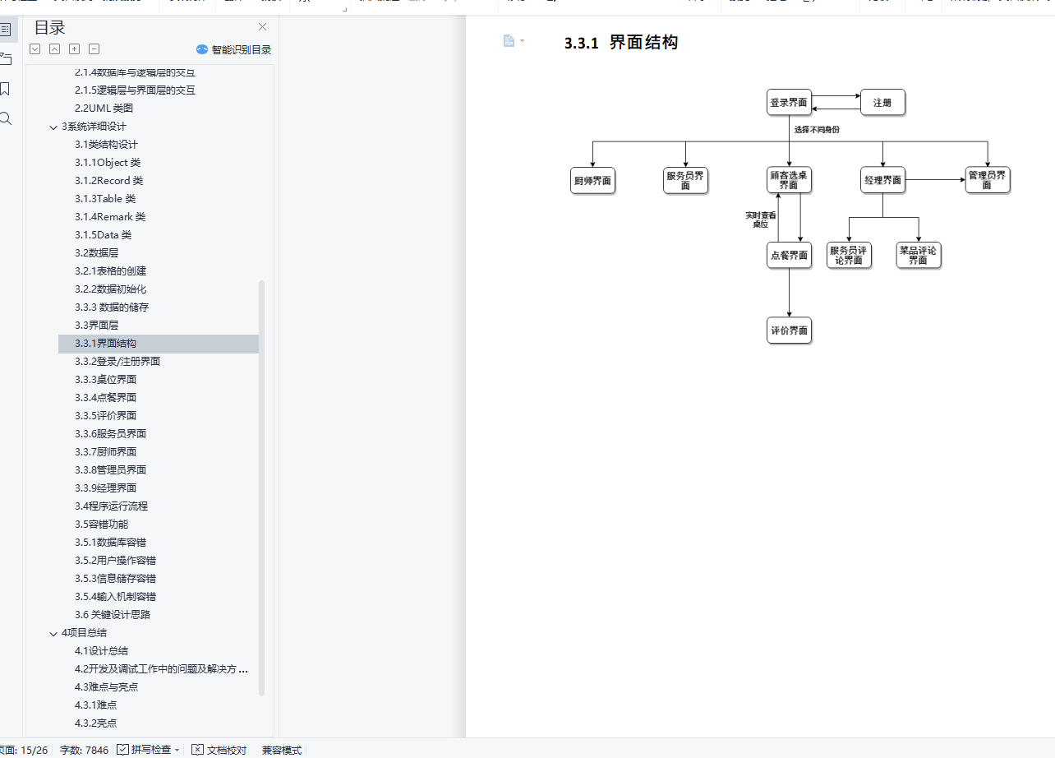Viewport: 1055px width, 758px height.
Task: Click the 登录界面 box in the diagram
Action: [x=789, y=103]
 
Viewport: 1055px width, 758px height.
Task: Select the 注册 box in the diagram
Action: [x=882, y=103]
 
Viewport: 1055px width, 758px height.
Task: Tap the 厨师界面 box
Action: [x=592, y=180]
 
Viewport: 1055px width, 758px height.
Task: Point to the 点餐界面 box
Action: [x=789, y=255]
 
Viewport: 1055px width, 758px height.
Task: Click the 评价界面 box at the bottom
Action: [x=789, y=330]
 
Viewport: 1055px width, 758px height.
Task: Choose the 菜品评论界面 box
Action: [x=918, y=255]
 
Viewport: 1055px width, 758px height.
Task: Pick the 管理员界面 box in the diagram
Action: [x=987, y=180]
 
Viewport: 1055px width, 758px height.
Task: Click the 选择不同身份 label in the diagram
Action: [x=817, y=130]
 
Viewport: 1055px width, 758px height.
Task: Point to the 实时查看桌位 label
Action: [x=760, y=220]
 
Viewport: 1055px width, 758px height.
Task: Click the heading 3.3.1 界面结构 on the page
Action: [x=621, y=43]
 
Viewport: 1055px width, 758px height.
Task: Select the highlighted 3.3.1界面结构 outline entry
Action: [x=105, y=344]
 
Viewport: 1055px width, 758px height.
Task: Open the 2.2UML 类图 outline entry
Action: [x=104, y=109]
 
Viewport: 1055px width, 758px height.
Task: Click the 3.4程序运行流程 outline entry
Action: [x=111, y=506]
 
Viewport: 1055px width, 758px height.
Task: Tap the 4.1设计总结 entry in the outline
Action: [x=101, y=651]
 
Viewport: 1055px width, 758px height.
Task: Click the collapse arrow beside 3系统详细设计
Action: [x=53, y=127]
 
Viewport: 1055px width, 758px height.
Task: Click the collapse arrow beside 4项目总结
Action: [x=53, y=633]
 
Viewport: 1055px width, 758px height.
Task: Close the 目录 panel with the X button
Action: [x=262, y=27]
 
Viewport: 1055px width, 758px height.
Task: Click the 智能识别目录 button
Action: [x=233, y=49]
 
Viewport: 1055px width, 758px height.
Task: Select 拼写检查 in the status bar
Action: [x=149, y=750]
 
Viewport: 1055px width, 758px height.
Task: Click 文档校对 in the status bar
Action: [x=219, y=750]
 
